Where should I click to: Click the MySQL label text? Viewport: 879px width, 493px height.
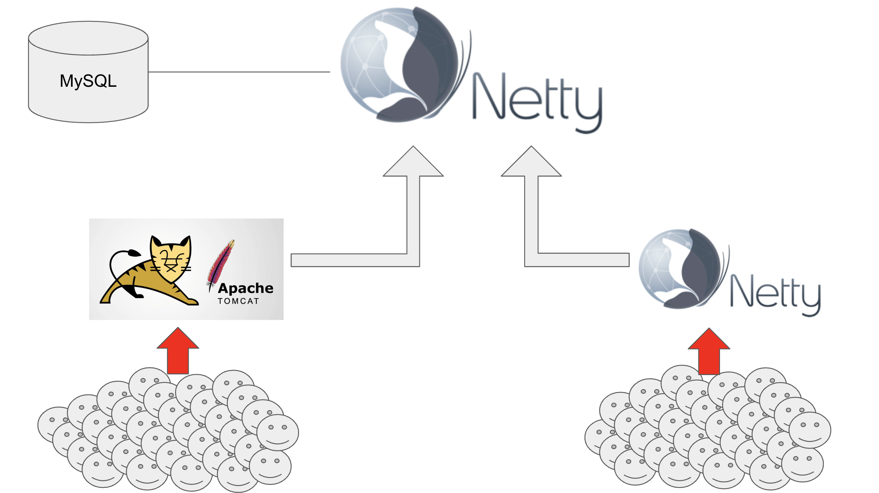pos(88,81)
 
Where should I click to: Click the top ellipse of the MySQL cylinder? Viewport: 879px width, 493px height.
pos(88,38)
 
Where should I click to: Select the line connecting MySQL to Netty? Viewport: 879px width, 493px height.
pos(239,72)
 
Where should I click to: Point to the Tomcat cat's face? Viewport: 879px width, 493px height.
pos(170,258)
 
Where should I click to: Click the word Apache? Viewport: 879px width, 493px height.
pos(245,288)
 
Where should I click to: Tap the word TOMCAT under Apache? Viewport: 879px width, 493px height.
pos(238,301)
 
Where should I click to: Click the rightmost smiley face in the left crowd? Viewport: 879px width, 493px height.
pos(278,432)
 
